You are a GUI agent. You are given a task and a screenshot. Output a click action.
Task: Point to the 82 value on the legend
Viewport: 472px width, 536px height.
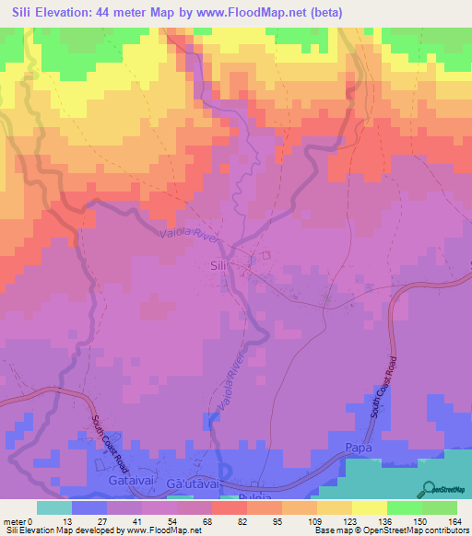coord(230,520)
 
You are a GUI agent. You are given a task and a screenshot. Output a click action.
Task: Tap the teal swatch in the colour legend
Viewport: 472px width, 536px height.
coord(54,507)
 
